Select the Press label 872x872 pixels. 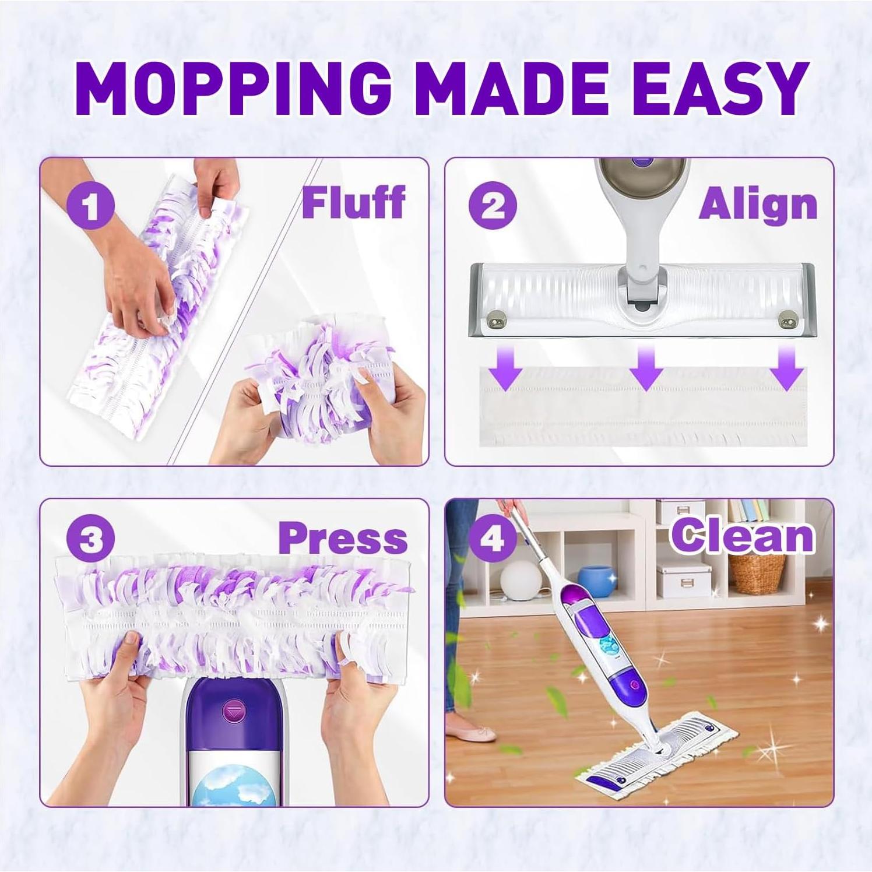click(343, 539)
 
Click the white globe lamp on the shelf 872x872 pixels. click(521, 581)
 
